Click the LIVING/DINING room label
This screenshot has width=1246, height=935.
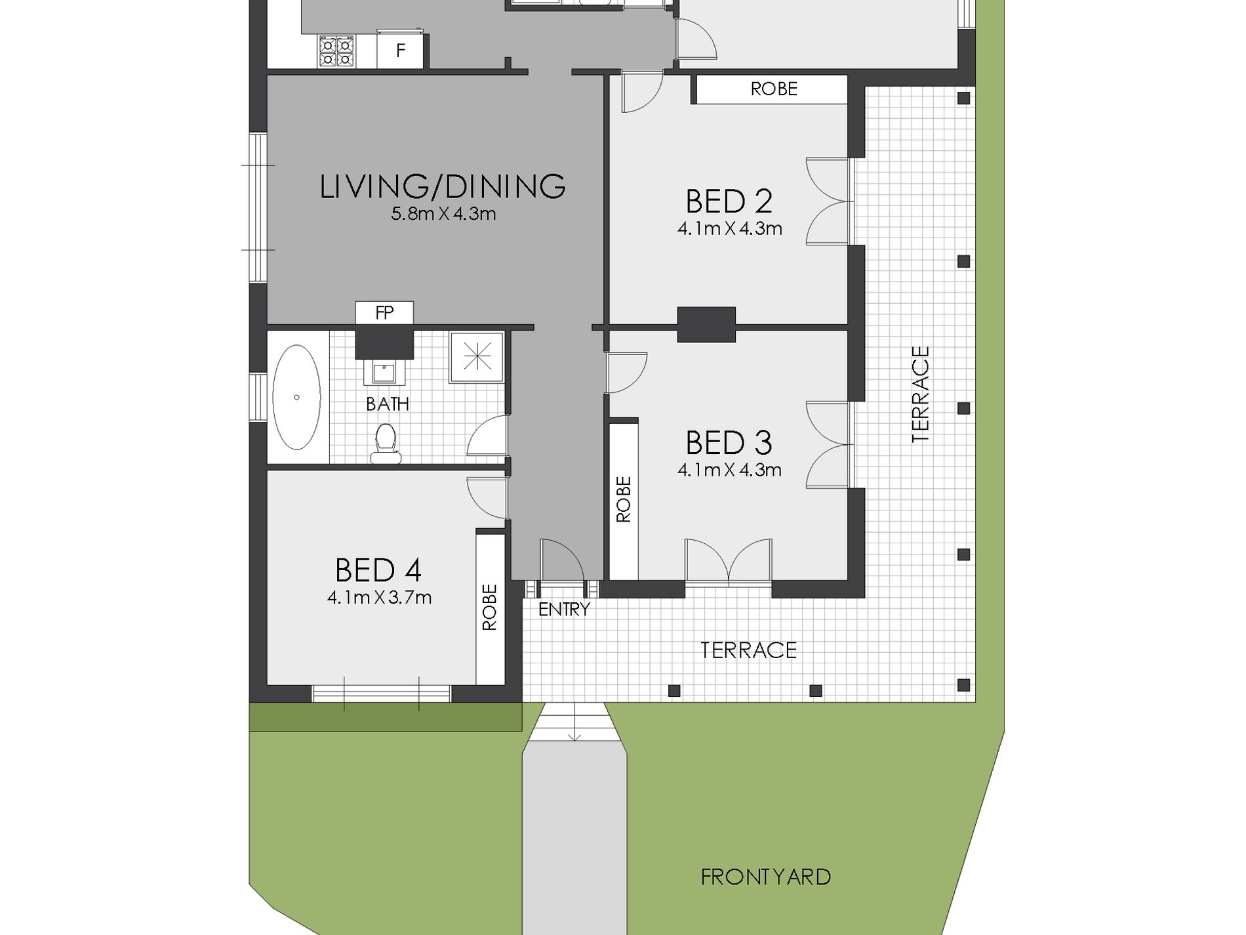click(x=443, y=186)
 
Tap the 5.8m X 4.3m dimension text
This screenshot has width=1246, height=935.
click(x=443, y=214)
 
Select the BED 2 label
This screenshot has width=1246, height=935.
click(x=729, y=201)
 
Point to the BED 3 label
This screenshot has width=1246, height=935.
click(x=729, y=443)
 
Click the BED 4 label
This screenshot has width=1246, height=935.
click(x=378, y=570)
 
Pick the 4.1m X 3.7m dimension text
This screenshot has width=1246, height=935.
click(x=379, y=597)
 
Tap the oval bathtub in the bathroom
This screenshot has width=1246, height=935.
click(x=296, y=397)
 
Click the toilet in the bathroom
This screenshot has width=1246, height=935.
click(x=385, y=444)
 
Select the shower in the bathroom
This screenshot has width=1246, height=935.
click(x=477, y=358)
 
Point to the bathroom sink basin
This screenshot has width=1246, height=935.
click(x=384, y=373)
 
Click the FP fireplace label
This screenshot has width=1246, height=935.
click(x=384, y=313)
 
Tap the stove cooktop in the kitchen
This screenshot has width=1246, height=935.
click(x=336, y=52)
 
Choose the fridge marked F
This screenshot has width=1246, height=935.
click(x=401, y=51)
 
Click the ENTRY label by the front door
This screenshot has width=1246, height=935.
click(x=564, y=610)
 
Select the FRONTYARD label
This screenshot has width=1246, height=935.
click(x=766, y=877)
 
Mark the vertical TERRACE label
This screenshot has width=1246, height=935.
click(x=921, y=394)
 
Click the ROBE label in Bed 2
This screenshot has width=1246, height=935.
click(x=774, y=89)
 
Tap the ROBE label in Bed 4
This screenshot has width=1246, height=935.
click(x=490, y=607)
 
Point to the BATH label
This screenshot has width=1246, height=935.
click(x=388, y=404)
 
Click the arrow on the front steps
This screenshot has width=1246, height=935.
click(x=574, y=721)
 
